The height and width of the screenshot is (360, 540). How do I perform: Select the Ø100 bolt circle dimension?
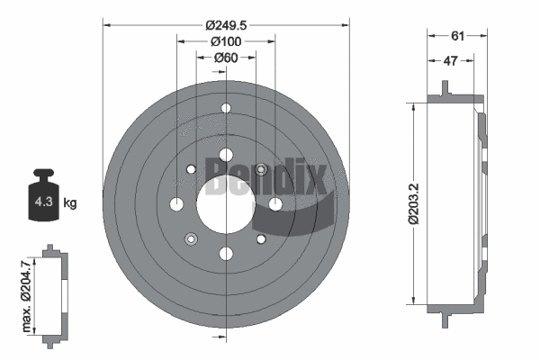[x=224, y=42]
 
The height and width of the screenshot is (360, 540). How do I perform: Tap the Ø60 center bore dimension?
[x=225, y=58]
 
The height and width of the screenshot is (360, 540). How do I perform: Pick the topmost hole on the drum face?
[x=225, y=110]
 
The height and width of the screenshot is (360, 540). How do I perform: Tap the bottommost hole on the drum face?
[x=225, y=254]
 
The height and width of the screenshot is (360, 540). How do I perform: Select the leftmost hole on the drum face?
[x=176, y=203]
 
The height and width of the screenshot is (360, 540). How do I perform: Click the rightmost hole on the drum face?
[x=275, y=203]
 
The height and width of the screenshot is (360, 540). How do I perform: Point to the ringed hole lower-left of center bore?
[x=191, y=238]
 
